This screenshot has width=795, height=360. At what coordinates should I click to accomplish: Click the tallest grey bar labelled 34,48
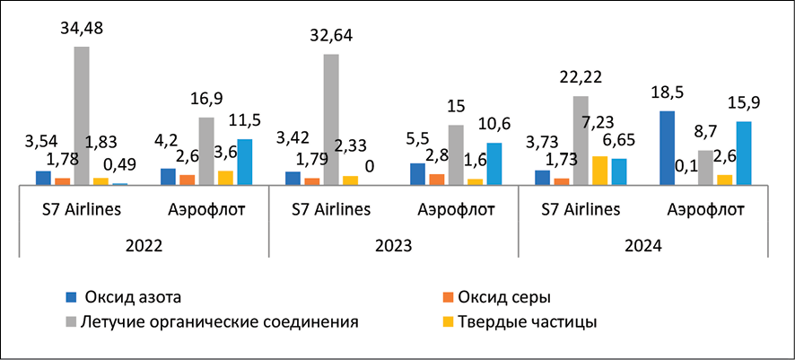click(82, 115)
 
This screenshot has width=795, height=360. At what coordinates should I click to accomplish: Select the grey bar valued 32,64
click(331, 119)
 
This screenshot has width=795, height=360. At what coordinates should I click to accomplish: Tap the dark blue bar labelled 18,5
click(667, 148)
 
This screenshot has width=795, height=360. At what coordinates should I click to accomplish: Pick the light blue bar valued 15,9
click(743, 153)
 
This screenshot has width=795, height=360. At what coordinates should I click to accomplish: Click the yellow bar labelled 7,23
click(600, 171)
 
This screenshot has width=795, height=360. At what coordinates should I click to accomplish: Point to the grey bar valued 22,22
click(581, 140)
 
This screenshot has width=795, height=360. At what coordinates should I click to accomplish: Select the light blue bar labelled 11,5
click(245, 162)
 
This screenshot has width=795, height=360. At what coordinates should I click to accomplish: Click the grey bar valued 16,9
click(206, 151)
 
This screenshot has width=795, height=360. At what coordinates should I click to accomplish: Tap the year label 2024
click(643, 244)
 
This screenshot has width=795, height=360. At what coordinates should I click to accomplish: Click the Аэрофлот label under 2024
click(706, 210)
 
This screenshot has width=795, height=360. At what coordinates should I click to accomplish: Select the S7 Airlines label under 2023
click(332, 210)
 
